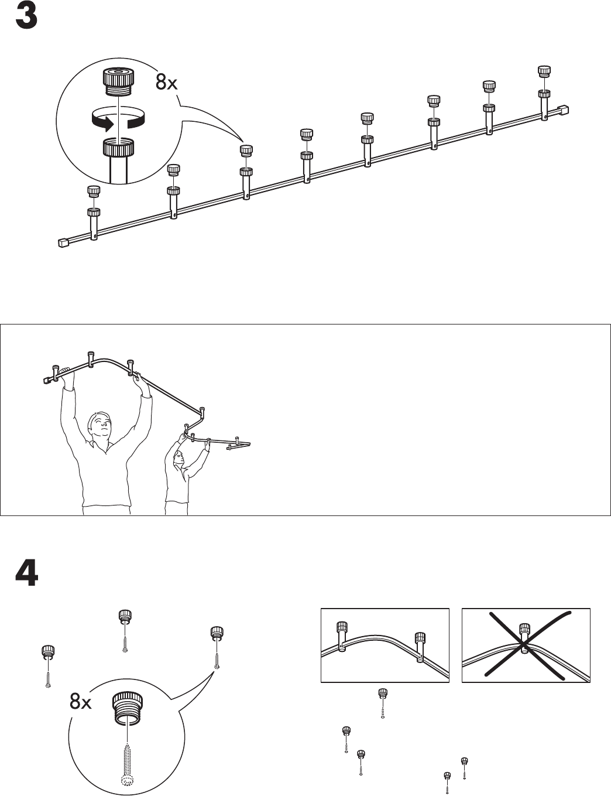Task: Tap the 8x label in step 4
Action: (80, 702)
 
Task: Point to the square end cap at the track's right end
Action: (565, 110)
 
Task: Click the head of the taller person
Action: (98, 426)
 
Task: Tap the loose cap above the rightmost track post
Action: (544, 71)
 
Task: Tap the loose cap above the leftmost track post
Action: (93, 191)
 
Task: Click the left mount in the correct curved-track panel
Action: (342, 636)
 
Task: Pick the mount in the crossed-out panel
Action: (525, 637)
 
